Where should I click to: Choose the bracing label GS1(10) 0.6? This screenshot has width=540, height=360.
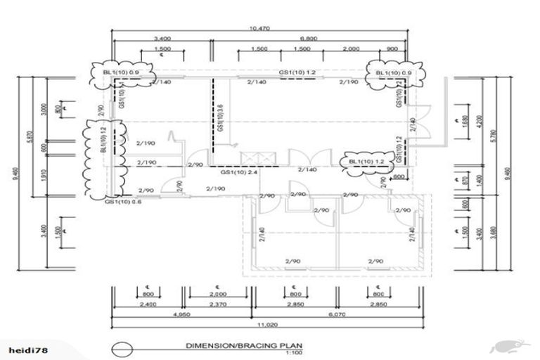tap(122, 202)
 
